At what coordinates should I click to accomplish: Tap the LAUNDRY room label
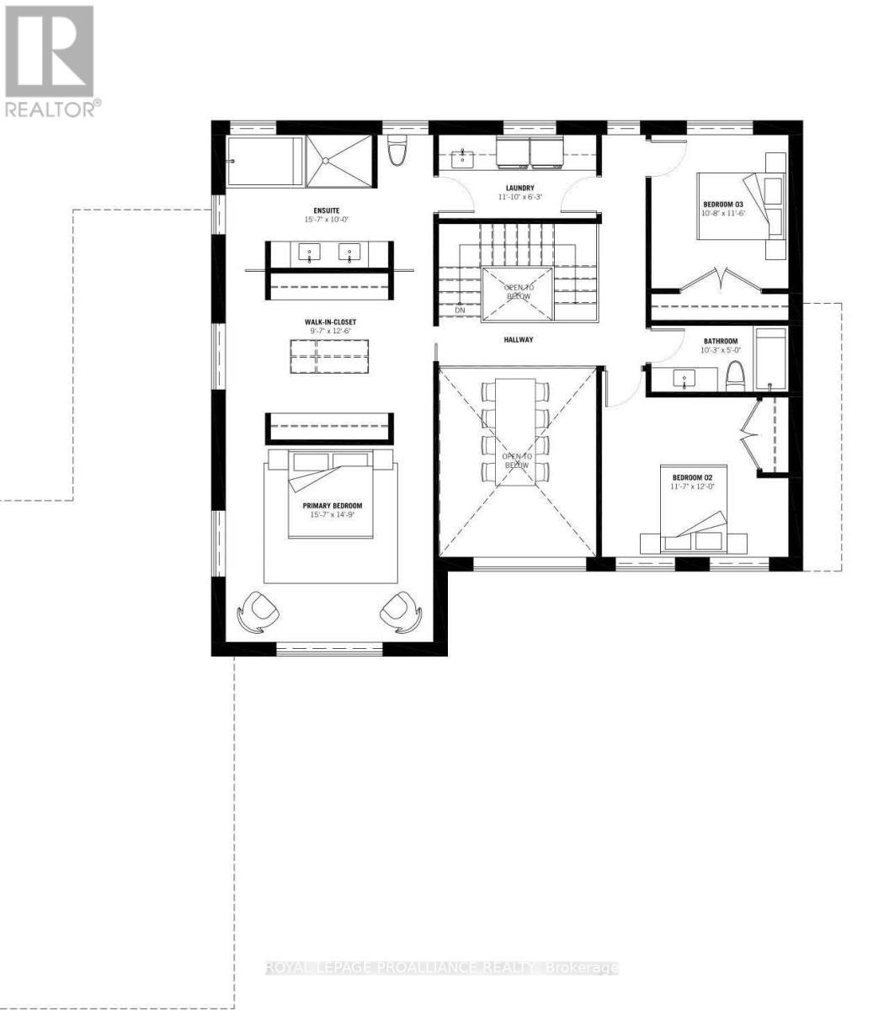[519, 188]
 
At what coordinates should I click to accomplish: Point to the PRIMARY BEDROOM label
[333, 506]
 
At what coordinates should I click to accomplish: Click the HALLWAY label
[518, 339]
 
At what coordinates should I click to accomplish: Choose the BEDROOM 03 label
[723, 204]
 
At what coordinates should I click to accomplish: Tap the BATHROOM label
[720, 341]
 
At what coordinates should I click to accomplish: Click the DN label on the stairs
[460, 310]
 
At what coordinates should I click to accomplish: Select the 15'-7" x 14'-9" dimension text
[333, 515]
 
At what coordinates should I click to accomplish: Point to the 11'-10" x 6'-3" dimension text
[519, 197]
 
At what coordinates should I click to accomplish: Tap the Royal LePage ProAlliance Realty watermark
[442, 968]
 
